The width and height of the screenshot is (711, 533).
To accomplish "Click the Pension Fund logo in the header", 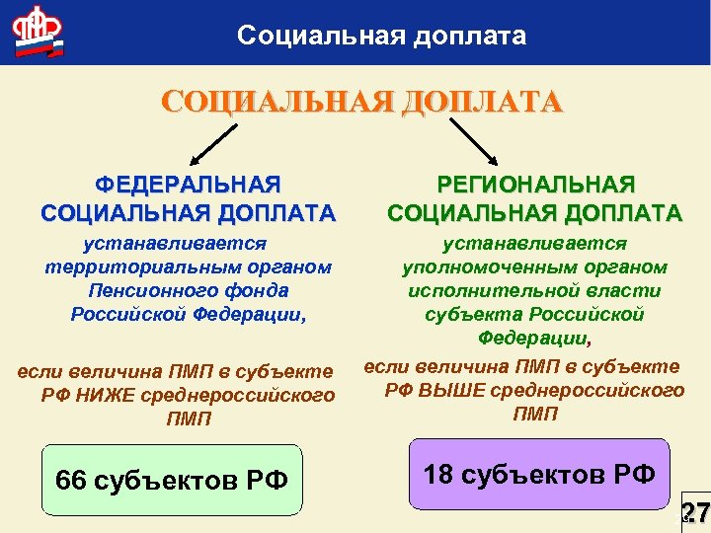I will click(x=37, y=32).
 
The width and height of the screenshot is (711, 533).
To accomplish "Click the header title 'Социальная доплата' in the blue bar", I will click(x=381, y=37).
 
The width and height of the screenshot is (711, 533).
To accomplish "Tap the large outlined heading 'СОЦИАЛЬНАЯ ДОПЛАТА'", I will click(x=361, y=103).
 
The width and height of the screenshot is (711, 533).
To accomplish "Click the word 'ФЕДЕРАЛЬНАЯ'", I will click(x=188, y=185).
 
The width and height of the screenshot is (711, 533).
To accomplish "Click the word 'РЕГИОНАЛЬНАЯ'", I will click(x=535, y=185).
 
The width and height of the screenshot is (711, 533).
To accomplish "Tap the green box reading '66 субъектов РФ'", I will click(x=172, y=480).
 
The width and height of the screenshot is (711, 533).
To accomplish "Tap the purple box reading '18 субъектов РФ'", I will click(x=539, y=474).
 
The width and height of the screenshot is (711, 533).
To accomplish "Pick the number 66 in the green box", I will click(x=71, y=481).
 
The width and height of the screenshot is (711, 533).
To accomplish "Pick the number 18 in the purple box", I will click(x=438, y=474).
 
